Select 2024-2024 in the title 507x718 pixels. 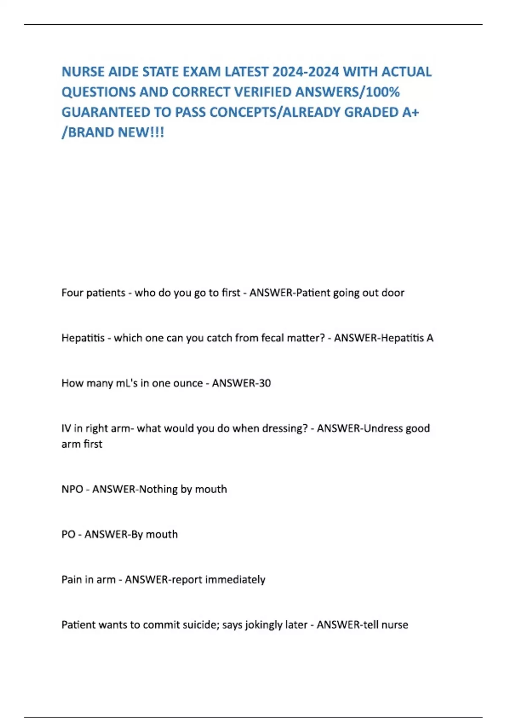tap(305, 72)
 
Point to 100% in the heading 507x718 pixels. tap(384, 92)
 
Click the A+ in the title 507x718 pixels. tap(410, 112)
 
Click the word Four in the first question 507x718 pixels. tap(72, 293)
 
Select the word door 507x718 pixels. tap(393, 293)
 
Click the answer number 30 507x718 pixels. tap(265, 383)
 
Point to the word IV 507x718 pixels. tap(66, 428)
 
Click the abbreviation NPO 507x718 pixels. tap(72, 489)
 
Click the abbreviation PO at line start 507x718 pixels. tap(68, 534)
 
